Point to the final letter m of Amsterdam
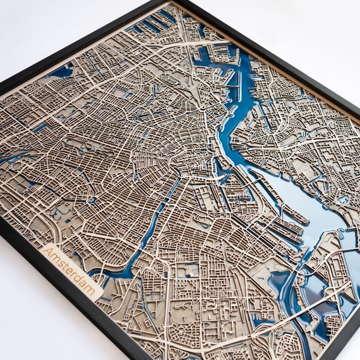(x=95, y=291)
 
